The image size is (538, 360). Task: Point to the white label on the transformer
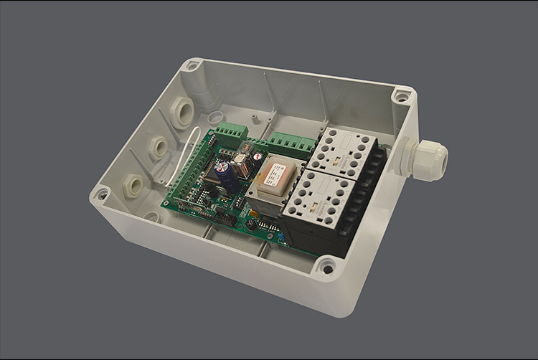click(x=273, y=173)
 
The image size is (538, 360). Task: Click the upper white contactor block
click(x=346, y=153)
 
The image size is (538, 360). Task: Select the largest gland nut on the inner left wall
click(x=182, y=113)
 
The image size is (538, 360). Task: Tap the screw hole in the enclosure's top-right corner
click(x=402, y=95)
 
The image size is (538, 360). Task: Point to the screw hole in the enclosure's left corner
click(x=101, y=194)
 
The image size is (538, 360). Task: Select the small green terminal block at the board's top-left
click(x=232, y=131)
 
